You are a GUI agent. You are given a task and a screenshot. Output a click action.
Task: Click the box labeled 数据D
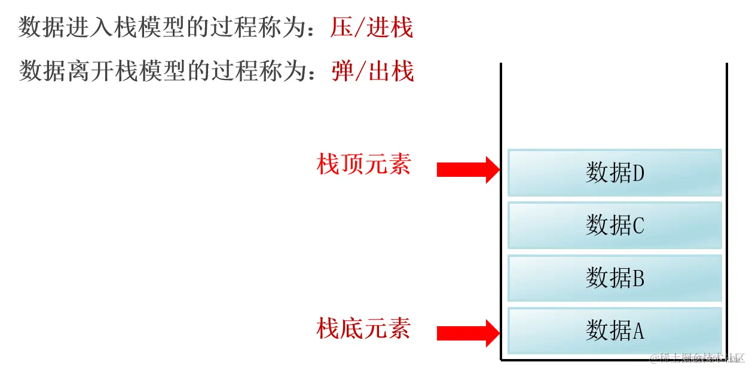(x=615, y=173)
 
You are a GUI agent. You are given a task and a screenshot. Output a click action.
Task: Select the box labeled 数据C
(x=615, y=225)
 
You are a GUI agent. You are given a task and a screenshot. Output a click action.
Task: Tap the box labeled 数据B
(x=615, y=278)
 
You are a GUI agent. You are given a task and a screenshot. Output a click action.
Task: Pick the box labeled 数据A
(x=615, y=330)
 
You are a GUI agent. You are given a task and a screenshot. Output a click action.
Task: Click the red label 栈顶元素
(x=363, y=164)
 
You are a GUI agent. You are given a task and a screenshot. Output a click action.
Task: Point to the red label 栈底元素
(x=363, y=328)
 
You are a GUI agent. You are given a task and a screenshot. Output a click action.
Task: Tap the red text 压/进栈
(x=372, y=28)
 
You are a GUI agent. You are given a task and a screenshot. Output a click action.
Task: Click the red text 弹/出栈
(x=372, y=71)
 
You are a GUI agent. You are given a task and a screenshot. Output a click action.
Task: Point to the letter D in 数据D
(x=638, y=173)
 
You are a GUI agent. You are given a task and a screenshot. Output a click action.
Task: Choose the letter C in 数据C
(x=638, y=226)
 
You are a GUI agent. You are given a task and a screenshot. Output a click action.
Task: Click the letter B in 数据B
(x=638, y=278)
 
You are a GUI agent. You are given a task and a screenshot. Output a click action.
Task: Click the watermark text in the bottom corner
(x=696, y=358)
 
